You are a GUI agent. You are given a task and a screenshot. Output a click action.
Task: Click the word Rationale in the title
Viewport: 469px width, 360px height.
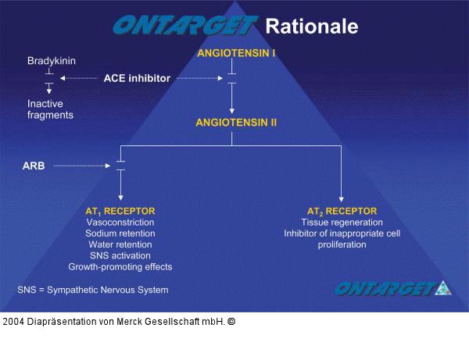pyautogui.click(x=312, y=26)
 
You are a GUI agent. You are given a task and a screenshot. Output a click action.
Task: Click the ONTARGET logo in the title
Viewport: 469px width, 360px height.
pyautogui.click(x=184, y=26)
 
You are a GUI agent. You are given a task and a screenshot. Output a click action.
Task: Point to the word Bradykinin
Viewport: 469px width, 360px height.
pyautogui.click(x=52, y=60)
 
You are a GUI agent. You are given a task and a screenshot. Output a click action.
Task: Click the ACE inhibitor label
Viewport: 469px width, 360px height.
pyautogui.click(x=137, y=78)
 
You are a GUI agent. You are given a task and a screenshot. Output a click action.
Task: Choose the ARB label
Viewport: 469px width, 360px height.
pyautogui.click(x=33, y=166)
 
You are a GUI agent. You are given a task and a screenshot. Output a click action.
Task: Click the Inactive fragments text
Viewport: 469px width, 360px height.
pyautogui.click(x=50, y=109)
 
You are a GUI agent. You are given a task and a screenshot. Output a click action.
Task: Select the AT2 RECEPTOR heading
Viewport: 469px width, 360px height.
pyautogui.click(x=342, y=211)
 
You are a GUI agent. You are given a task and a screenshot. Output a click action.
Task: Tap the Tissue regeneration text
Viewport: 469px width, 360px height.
pyautogui.click(x=342, y=223)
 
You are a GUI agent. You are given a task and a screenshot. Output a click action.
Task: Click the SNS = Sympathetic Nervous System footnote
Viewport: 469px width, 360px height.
pyautogui.click(x=92, y=290)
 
